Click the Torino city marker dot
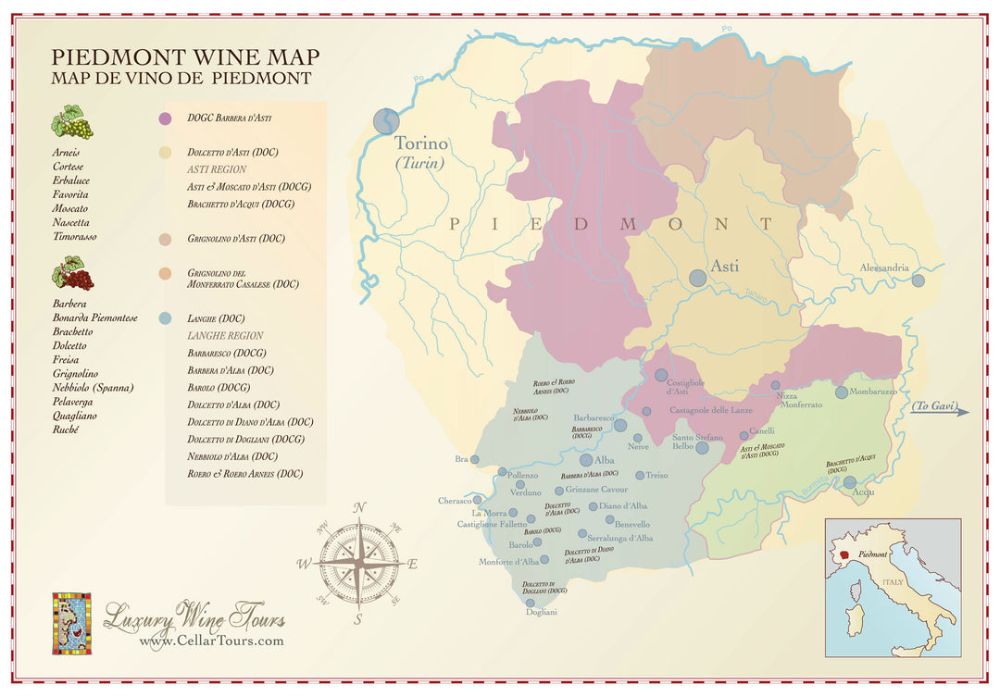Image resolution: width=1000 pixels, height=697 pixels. [386, 121]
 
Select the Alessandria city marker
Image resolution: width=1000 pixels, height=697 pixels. [918, 280]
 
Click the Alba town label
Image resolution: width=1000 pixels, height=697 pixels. [605, 460]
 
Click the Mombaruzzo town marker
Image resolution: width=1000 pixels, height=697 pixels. [842, 392]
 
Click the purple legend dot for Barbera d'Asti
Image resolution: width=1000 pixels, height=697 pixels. [165, 118]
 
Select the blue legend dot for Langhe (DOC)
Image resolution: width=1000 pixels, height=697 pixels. [165, 318]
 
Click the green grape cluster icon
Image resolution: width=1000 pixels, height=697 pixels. [71, 122]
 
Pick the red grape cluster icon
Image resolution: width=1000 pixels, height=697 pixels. [72, 274]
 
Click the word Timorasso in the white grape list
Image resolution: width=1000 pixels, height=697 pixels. [75, 237]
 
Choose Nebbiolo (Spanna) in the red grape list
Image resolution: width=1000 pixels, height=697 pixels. [93, 388]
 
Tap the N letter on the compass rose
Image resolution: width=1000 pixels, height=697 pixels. [360, 506]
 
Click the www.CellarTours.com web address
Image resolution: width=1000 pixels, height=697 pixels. [211, 641]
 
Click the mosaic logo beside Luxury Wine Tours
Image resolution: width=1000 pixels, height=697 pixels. [71, 623]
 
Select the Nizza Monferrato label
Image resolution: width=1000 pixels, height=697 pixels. [799, 400]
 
